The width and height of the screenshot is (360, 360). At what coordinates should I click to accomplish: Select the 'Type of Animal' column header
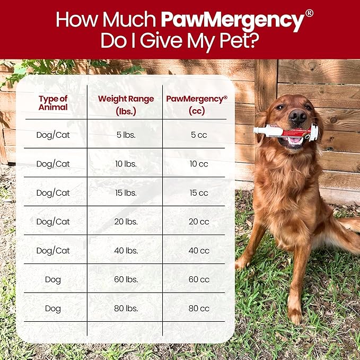53,103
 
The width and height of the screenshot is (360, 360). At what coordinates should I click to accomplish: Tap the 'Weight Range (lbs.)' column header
126,105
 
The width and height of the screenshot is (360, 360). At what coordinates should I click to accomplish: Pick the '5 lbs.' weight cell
126,135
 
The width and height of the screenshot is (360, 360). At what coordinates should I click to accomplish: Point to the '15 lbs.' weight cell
126,192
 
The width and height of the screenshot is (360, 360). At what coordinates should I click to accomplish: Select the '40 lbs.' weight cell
126,250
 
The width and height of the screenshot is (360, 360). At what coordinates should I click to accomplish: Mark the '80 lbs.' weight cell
126,308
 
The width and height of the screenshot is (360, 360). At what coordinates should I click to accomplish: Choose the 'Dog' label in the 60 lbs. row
53,279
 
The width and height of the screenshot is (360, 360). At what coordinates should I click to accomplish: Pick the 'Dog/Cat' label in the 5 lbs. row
53,135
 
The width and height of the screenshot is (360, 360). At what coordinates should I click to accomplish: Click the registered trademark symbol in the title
309,13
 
